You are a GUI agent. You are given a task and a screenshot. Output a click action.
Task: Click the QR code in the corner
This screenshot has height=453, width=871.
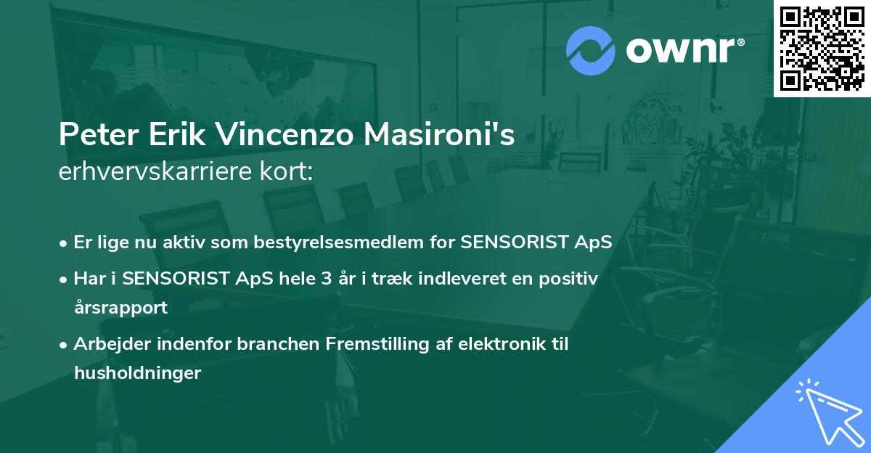822,48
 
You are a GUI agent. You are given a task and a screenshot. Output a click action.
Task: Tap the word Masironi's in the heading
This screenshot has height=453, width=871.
451,135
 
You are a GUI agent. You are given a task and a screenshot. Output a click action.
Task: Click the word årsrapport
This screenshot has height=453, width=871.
120,307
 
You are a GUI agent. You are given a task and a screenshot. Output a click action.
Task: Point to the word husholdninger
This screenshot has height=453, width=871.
136,372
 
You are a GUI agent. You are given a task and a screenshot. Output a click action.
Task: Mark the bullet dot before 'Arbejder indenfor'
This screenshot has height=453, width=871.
65,345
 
